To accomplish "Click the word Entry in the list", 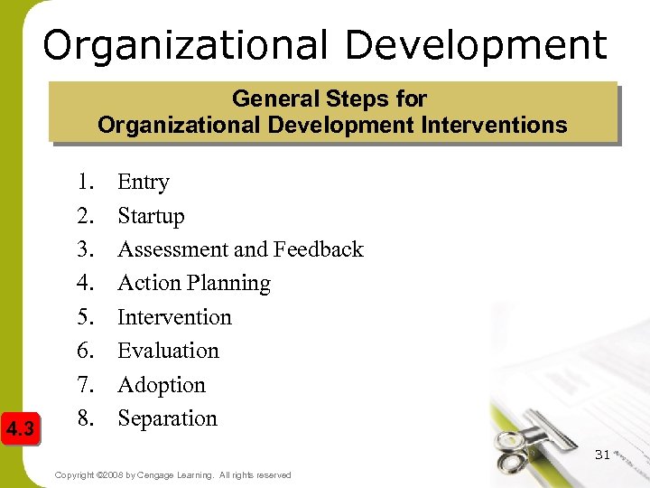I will [x=144, y=183].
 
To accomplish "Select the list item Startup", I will [x=151, y=217].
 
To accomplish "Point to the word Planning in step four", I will [x=230, y=284].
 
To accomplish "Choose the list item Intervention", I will [x=174, y=317].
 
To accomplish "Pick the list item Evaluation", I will [x=168, y=351].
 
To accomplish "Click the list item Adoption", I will [x=162, y=385].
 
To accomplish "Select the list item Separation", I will [x=167, y=418].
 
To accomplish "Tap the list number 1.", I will [x=86, y=183].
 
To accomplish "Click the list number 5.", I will [x=86, y=317].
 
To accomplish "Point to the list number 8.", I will [x=86, y=418].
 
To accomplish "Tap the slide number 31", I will [x=602, y=454].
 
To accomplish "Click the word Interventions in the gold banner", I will [x=494, y=125].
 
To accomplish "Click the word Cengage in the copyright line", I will [x=162, y=475].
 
